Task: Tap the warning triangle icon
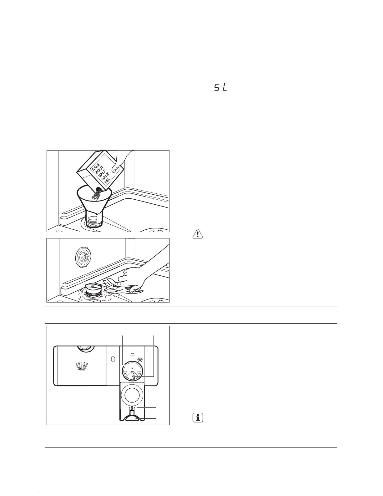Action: point(198,234)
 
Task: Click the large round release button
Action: point(133,395)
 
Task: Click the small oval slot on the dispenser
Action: point(113,359)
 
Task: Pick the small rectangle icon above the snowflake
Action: point(132,354)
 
